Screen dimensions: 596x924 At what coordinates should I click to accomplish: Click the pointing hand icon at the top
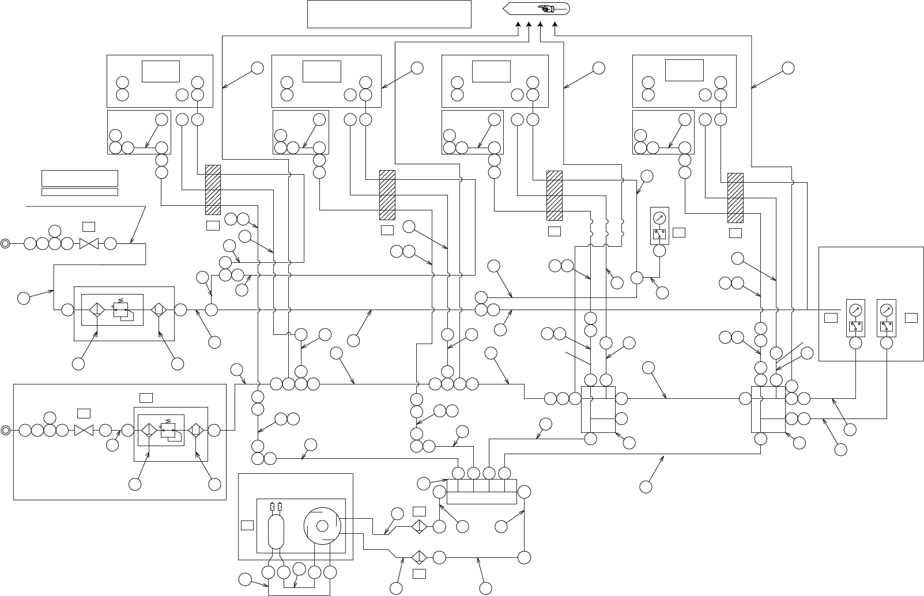(544, 8)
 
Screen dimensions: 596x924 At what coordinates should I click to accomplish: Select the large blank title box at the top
(389, 14)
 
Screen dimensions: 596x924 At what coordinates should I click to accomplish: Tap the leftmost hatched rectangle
(213, 190)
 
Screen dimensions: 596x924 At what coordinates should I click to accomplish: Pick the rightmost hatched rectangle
(735, 197)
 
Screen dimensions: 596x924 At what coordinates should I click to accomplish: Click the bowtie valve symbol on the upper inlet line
(89, 243)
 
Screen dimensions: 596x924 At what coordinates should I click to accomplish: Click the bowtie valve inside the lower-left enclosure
(84, 430)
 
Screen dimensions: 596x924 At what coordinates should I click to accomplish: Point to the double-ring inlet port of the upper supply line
(5, 243)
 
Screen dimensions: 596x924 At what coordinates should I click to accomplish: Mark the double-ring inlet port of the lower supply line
(5, 430)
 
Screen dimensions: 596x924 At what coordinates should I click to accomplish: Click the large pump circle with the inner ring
(322, 526)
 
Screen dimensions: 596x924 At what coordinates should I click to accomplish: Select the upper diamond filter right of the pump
(419, 527)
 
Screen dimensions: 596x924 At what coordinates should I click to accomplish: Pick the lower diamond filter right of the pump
(419, 557)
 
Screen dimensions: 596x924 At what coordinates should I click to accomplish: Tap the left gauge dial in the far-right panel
(856, 310)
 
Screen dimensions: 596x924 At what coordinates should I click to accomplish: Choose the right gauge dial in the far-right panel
(887, 310)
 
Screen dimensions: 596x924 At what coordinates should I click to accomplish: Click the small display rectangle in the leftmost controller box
(161, 71)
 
